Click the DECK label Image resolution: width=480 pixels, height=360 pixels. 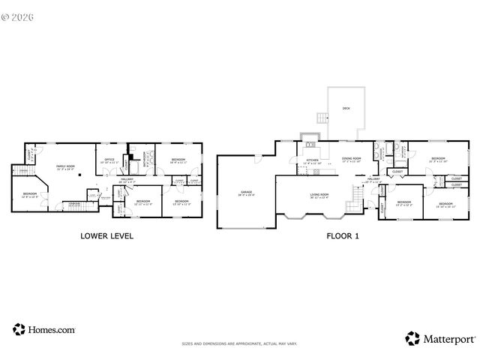pyautogui.click(x=346, y=109)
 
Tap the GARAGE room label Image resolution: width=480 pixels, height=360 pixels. pyautogui.click(x=246, y=193)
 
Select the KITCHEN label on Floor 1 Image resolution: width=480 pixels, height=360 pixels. pyautogui.click(x=312, y=160)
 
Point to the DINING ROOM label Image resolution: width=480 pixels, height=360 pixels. pyautogui.click(x=352, y=159)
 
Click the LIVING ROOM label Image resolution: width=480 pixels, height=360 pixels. pyautogui.click(x=320, y=195)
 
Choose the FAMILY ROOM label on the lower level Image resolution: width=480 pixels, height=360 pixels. pyautogui.click(x=66, y=166)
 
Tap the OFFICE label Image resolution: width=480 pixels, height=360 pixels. pyautogui.click(x=109, y=159)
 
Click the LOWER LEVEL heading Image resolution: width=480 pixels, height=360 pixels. pyautogui.click(x=106, y=235)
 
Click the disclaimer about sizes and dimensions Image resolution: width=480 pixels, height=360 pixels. pyautogui.click(x=239, y=344)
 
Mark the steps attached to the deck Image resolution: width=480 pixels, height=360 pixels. pyautogui.click(x=322, y=118)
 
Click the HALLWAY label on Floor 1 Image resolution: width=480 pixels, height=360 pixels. pyautogui.click(x=373, y=180)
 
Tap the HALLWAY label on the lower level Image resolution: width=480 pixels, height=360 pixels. pyautogui.click(x=127, y=179)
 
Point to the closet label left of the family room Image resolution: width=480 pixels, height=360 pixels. pyautogui.click(x=29, y=155)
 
